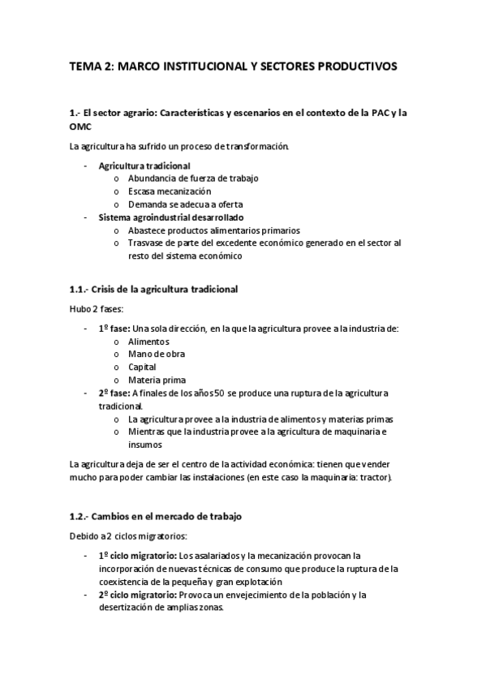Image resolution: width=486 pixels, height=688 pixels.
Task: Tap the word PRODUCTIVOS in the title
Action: tap(354, 68)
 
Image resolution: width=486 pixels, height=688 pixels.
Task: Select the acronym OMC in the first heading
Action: tap(81, 127)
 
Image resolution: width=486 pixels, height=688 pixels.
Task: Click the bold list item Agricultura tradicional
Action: tap(144, 166)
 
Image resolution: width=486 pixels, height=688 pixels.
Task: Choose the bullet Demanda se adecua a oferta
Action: tap(186, 204)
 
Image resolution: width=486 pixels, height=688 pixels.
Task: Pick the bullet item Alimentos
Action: tap(148, 342)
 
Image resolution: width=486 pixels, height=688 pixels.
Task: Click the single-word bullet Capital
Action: tap(142, 368)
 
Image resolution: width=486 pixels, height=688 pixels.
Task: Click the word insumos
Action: tap(145, 445)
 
